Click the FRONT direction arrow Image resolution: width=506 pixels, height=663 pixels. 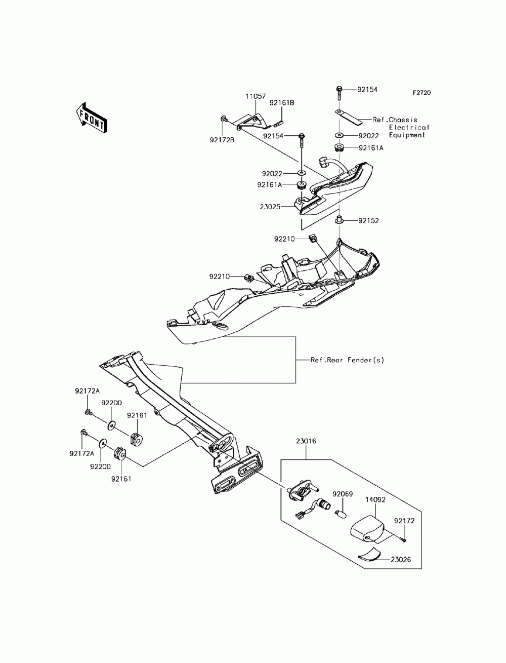pos(92,118)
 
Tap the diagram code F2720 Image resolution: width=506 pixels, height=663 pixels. pos(421,93)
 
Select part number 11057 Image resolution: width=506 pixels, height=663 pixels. pos(255,96)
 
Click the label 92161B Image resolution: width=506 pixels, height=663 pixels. pos(281,103)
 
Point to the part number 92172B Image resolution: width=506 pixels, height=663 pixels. pos(222,140)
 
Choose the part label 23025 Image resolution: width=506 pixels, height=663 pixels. pos(270,207)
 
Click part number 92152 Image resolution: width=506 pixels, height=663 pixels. pos(368,220)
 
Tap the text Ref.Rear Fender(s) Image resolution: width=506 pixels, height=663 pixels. pos(347,360)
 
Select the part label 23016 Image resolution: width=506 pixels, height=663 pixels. pos(306,441)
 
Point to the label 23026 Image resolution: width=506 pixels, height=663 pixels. pos(401,560)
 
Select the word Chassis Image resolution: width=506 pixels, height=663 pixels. pos(403,120)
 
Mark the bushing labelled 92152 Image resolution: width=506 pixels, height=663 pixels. pos(339,220)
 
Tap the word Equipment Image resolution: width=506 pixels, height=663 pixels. pos(407,135)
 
